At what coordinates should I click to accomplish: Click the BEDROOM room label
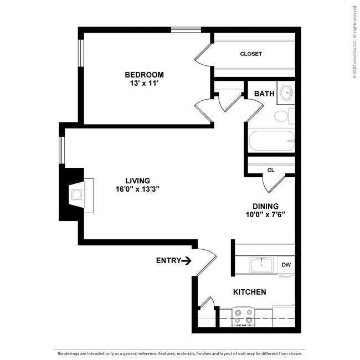pyautogui.click(x=144, y=75)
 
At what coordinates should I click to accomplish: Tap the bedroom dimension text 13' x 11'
pyautogui.click(x=144, y=84)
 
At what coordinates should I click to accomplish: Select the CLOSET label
pyautogui.click(x=251, y=54)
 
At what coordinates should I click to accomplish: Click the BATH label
pyautogui.click(x=264, y=94)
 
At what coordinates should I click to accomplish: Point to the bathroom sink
pyautogui.click(x=286, y=92)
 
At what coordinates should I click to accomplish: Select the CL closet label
pyautogui.click(x=271, y=170)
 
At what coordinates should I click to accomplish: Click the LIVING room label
pyautogui.click(x=138, y=180)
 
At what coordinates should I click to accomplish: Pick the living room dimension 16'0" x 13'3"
pyautogui.click(x=138, y=189)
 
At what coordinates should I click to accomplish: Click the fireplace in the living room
pyautogui.click(x=75, y=194)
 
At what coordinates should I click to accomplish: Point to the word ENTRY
pyautogui.click(x=168, y=260)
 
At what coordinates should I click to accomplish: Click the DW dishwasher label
pyautogui.click(x=286, y=265)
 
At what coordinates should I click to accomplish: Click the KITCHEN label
pyautogui.click(x=249, y=292)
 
